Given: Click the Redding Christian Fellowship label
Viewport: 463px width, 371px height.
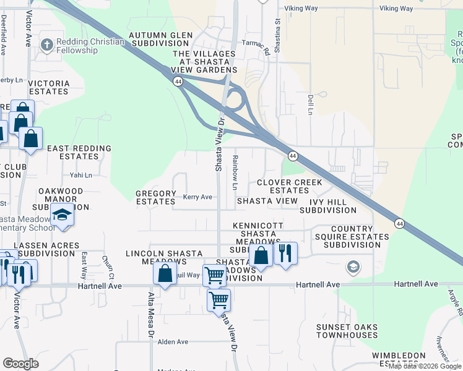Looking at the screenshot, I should pos(90,46).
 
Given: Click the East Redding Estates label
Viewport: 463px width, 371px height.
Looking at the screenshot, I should pos(79,152).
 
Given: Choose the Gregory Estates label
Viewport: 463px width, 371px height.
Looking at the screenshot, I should pos(156,197).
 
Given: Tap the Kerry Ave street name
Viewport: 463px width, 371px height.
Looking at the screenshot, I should pos(197,197).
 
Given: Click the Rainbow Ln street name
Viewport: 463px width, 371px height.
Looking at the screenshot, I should pos(235,172).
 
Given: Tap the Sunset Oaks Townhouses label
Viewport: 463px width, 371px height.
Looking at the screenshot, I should pos(347,331).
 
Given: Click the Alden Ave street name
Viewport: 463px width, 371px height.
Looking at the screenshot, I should pos(173,342).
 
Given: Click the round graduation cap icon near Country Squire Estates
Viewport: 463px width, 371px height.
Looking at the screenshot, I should pos(353,267).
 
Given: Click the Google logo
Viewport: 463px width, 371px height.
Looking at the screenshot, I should pos(21,364).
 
